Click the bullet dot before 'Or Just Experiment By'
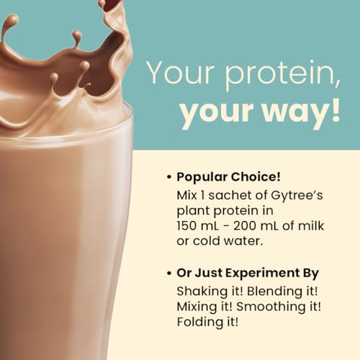click(x=168, y=274)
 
